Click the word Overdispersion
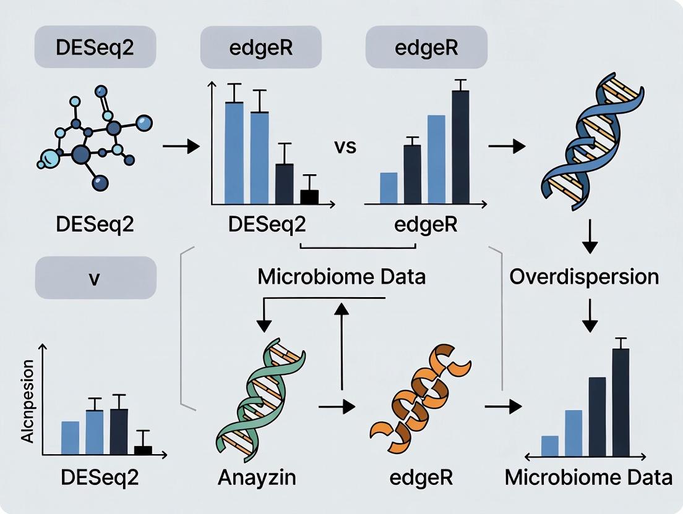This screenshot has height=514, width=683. pos(584,276)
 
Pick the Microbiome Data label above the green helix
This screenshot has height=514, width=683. pos(341,276)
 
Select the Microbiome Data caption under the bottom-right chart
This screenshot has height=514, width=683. pos(588,478)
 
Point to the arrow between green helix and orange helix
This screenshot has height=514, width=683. pos(337,407)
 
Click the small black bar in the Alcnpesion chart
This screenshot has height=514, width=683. pos(143,450)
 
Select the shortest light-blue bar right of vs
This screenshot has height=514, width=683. pos(389,188)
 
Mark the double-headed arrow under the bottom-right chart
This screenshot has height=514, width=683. pos(585,457)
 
